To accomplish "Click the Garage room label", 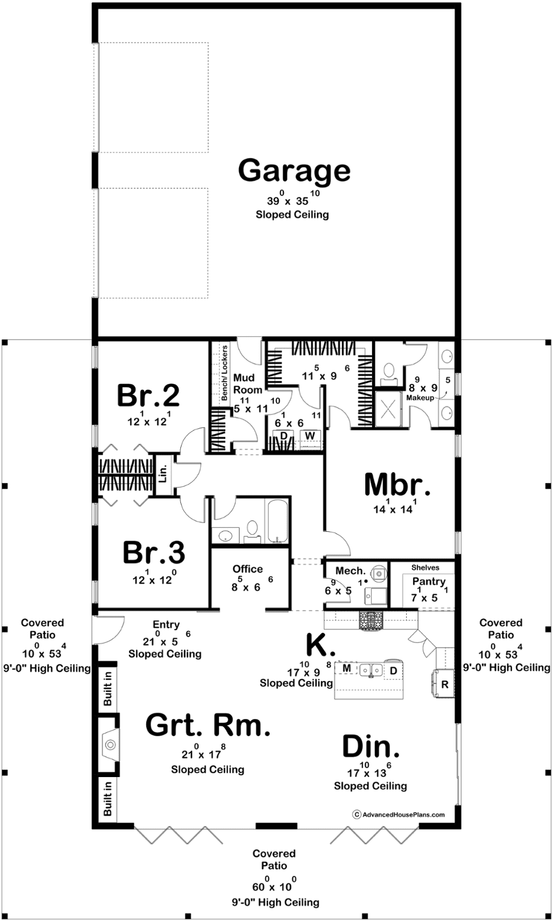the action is click(x=294, y=172).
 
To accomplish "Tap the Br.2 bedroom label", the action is click(x=148, y=395).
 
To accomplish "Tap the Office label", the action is click(x=248, y=569).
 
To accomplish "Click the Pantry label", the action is click(x=429, y=582).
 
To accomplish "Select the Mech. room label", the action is click(x=351, y=570).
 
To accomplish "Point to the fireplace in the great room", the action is click(x=109, y=745).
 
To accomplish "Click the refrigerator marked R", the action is click(x=444, y=684).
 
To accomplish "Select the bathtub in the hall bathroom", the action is click(x=278, y=520).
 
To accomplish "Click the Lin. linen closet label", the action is click(x=163, y=474).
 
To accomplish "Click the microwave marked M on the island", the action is click(x=347, y=668).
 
